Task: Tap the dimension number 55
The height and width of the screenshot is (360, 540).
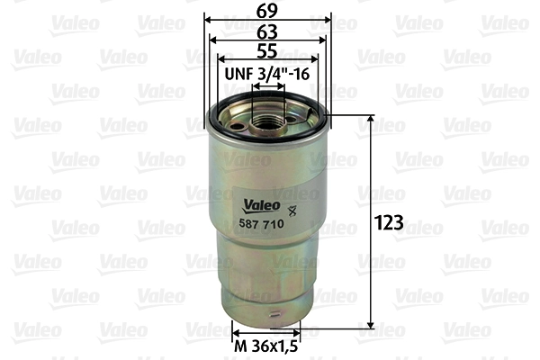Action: (x=267, y=52)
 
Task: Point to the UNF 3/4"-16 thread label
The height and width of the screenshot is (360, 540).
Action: (x=267, y=74)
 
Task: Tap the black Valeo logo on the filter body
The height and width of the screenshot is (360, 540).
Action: (x=257, y=204)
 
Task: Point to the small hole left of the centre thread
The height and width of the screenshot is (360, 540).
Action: (x=236, y=125)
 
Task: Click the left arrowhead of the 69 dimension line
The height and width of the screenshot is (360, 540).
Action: (x=207, y=19)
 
